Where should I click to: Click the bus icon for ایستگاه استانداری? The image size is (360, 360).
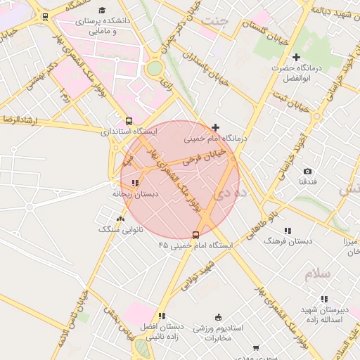[x=128, y=120]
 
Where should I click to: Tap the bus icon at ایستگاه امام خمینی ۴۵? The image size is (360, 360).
[x=195, y=235]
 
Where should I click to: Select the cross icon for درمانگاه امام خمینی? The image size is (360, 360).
[x=215, y=127]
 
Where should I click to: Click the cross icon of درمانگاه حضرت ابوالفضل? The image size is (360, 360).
[x=296, y=57]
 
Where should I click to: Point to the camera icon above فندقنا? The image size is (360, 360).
[x=307, y=171]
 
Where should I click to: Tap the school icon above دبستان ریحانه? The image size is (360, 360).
[x=135, y=183]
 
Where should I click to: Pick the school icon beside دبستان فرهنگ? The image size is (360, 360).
[x=287, y=231]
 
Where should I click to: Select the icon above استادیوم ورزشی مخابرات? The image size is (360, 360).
[x=218, y=316]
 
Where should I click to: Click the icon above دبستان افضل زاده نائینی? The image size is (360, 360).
[x=162, y=316]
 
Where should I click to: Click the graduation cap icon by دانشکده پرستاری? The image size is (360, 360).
[x=102, y=11]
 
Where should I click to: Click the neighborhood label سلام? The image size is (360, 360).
[x=316, y=274]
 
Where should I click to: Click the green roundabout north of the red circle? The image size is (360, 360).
[x=155, y=68]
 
